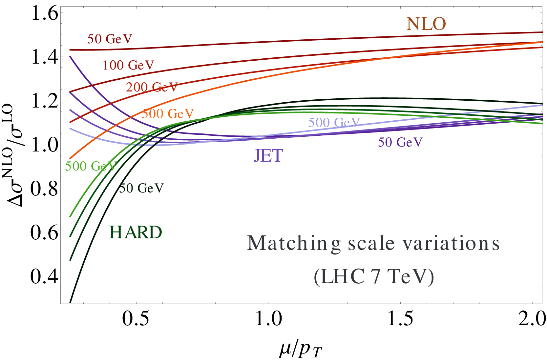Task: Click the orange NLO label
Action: (x=426, y=24)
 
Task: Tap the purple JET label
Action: (x=268, y=155)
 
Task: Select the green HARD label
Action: (x=135, y=232)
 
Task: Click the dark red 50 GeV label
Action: (x=110, y=39)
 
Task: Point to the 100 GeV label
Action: (x=128, y=65)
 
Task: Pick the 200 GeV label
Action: (x=152, y=87)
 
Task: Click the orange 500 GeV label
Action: (x=168, y=113)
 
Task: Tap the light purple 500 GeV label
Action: (x=334, y=122)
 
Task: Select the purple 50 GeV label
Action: (x=400, y=142)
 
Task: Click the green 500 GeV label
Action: (x=91, y=166)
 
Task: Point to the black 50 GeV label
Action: (x=141, y=188)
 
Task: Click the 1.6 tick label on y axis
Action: (x=45, y=14)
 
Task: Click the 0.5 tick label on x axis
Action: (x=136, y=319)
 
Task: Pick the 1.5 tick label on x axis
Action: (x=400, y=319)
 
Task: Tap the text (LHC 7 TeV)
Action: (x=374, y=277)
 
